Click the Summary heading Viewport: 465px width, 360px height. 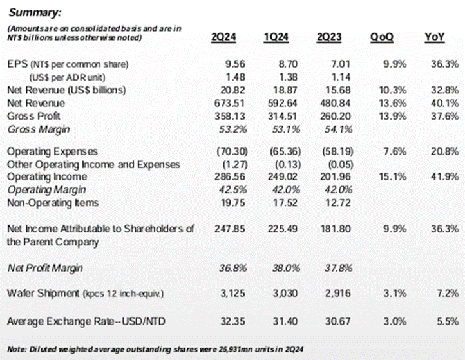point(35,12)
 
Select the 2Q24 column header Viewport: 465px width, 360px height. point(223,37)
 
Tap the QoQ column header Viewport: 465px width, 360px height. point(382,37)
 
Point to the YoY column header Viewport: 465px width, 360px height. point(435,37)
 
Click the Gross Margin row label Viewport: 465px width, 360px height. point(39,129)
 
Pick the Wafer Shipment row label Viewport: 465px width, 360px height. point(43,293)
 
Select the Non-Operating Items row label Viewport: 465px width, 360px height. point(53,203)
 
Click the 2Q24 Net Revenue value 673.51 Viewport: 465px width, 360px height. point(229,103)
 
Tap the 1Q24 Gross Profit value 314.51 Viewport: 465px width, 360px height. point(282,117)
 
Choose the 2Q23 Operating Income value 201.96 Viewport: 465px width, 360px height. point(335,176)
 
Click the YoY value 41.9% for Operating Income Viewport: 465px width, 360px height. point(444,176)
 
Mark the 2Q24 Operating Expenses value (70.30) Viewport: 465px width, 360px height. point(232,151)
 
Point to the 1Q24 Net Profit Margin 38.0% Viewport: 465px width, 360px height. point(286,268)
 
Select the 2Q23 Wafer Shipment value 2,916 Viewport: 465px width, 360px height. point(337,293)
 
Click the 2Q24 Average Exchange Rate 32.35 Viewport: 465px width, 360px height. point(232,321)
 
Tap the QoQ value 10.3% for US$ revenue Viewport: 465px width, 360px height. point(393,90)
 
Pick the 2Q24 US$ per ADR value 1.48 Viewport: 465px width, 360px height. point(236,77)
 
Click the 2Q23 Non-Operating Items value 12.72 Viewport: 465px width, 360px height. point(338,203)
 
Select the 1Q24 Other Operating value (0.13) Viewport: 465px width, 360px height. point(285,165)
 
